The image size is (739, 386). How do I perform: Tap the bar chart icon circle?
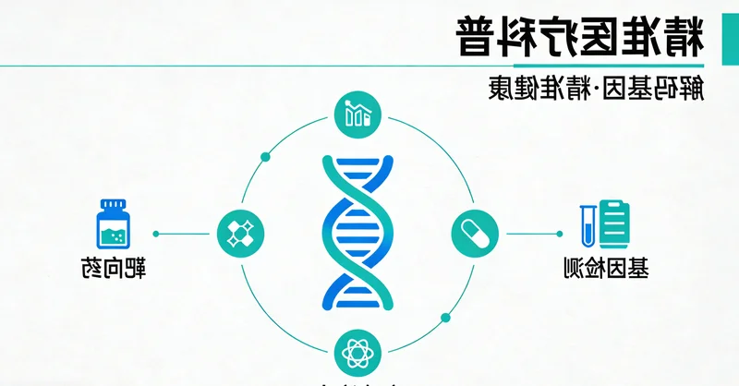(x=356, y=115)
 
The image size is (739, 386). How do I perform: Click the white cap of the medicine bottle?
(x=114, y=203)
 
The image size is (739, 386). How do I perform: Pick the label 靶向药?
(x=113, y=271)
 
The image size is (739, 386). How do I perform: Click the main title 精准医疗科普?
(x=579, y=36)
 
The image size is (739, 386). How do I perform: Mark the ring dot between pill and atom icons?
(x=445, y=316)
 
